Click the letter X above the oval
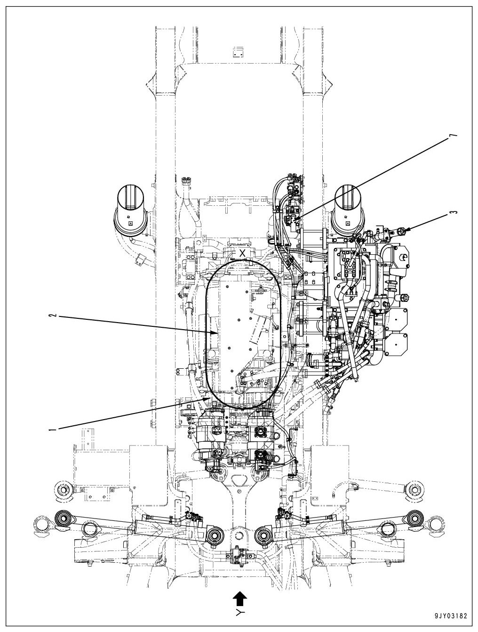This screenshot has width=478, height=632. pos(242,253)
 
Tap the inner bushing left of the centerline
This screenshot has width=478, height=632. pos(215,535)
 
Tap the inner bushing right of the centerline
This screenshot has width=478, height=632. pos(264,535)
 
